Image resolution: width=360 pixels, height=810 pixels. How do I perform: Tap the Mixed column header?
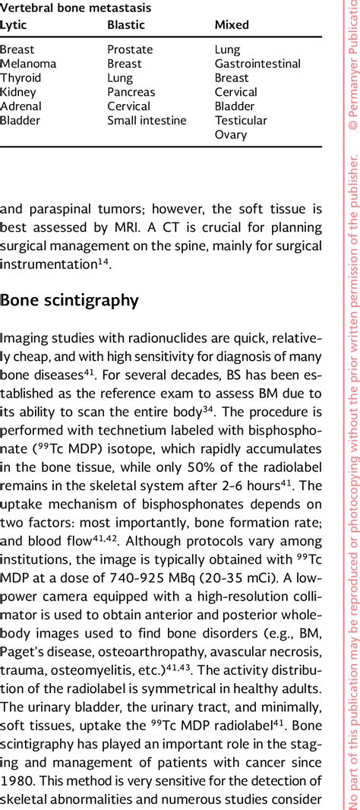coord(232,25)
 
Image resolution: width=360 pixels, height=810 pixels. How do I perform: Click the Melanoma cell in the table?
coord(28,64)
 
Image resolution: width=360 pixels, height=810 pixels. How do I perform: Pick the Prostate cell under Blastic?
coord(130,49)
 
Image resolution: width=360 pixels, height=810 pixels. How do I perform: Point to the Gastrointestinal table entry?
coord(257,64)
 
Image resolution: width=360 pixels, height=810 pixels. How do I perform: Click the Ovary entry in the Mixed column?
coord(231,134)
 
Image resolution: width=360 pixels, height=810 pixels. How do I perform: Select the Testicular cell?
coord(241,120)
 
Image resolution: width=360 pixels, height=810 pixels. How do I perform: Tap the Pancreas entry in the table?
coord(132,92)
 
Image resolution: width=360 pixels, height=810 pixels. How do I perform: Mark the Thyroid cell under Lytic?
coord(21,78)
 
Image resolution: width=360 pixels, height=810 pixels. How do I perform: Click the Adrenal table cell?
coord(21,106)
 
